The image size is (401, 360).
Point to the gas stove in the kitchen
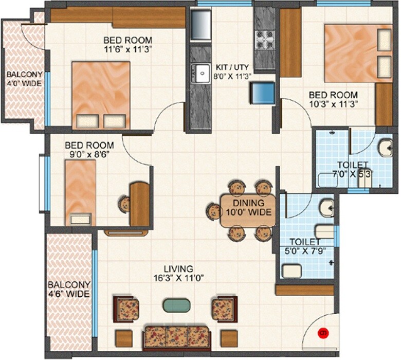pyautogui.click(x=266, y=39)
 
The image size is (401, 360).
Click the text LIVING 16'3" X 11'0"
pyautogui.click(x=178, y=273)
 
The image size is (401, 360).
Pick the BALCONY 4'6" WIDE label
pyautogui.click(x=69, y=290)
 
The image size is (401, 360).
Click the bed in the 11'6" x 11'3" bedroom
pyautogui.click(x=101, y=95)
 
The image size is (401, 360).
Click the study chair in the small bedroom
pyautogui.click(x=124, y=203)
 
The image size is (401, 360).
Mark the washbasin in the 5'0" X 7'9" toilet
pyautogui.click(x=325, y=209)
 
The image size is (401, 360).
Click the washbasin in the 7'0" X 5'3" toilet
pyautogui.click(x=385, y=148)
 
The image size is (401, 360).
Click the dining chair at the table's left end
pyautogui.click(x=214, y=210)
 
